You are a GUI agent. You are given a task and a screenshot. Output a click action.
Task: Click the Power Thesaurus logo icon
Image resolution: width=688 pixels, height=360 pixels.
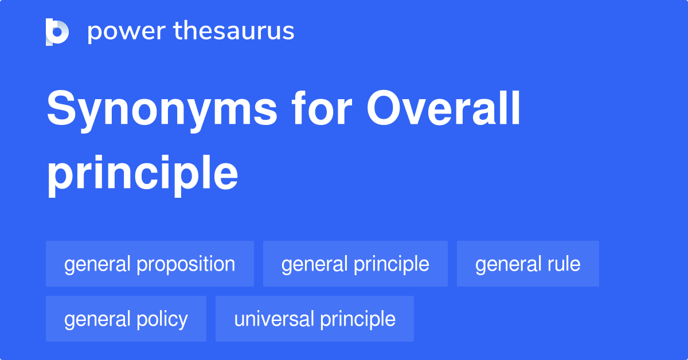click(x=57, y=32)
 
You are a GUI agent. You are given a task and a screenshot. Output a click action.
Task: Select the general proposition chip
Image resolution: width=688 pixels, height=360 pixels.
click(x=150, y=264)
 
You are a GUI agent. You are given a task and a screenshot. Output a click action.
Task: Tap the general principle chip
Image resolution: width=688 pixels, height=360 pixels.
click(x=355, y=264)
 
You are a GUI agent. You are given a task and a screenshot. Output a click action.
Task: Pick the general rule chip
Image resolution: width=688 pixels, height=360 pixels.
click(x=527, y=264)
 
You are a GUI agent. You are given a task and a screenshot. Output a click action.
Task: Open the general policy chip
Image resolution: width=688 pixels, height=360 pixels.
click(x=126, y=319)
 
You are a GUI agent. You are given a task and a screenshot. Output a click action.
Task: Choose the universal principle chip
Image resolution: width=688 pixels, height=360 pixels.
click(x=314, y=319)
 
